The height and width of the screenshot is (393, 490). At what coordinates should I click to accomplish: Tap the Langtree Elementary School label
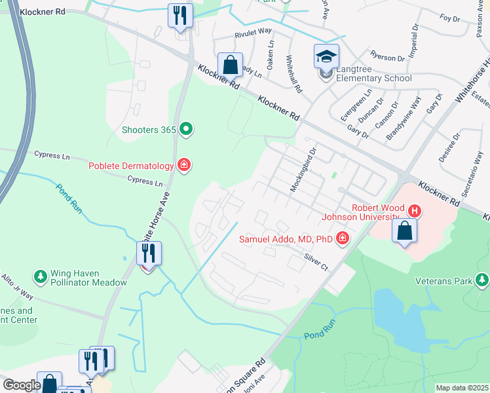coord(373,73)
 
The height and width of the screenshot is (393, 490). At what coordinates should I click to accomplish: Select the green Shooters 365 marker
coord(187,129)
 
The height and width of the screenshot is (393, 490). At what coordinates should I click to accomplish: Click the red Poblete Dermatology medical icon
coord(184,165)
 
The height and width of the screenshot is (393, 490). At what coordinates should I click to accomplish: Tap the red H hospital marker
coord(414,211)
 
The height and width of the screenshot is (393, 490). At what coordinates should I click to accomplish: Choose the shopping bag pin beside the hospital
coord(404,231)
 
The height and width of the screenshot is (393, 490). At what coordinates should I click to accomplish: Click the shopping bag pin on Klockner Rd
coord(230,65)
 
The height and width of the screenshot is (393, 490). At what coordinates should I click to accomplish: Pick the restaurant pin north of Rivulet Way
coord(180,16)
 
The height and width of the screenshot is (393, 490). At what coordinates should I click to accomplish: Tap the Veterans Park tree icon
coord(483,281)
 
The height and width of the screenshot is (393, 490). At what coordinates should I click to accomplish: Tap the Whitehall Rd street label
coord(292,73)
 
